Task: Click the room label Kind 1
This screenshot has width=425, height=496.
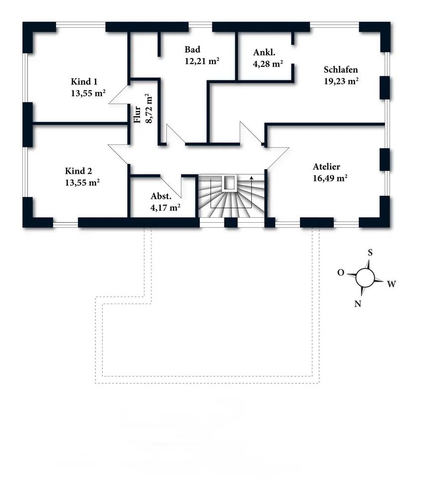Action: (81, 82)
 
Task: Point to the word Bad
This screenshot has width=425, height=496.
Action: (192, 50)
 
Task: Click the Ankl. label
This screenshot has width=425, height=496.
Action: (264, 53)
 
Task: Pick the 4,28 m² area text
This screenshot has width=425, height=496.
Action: (268, 63)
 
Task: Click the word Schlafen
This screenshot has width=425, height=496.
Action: (341, 69)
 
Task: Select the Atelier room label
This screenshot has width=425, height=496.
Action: (327, 167)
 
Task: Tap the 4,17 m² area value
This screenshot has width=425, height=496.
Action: (165, 208)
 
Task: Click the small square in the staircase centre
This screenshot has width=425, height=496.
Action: (229, 183)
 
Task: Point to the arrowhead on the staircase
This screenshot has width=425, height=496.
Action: (252, 178)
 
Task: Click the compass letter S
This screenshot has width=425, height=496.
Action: (370, 252)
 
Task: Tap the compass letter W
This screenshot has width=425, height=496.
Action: (391, 284)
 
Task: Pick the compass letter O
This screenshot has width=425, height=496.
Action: (341, 273)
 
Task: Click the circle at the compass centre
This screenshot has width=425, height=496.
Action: (365, 278)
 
